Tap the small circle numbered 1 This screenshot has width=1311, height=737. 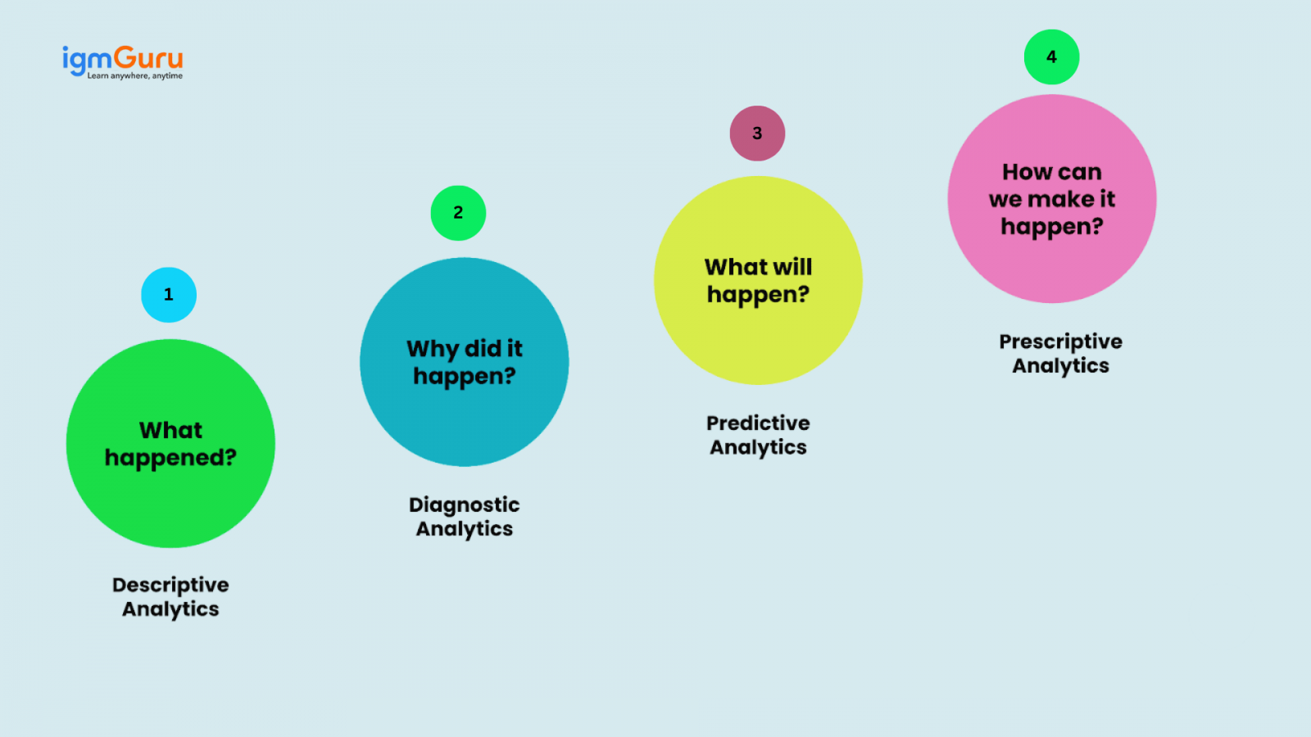[x=169, y=295]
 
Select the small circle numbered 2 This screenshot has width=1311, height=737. [x=458, y=213]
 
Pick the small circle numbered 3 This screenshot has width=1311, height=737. [x=757, y=133]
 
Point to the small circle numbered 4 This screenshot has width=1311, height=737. [x=1051, y=57]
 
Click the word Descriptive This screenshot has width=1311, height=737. [x=170, y=585]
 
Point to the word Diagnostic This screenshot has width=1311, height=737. [x=465, y=504]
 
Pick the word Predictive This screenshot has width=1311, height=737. [x=758, y=423]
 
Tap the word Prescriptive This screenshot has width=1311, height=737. [x=1060, y=341]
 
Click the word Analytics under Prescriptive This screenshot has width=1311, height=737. [x=1060, y=366]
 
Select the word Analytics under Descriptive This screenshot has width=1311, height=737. [x=170, y=609]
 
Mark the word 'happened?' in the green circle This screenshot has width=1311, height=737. [x=170, y=458]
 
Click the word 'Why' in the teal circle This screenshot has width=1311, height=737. [x=433, y=350]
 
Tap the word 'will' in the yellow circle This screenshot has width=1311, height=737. [x=792, y=267]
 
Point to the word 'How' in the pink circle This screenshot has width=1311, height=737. [x=1027, y=172]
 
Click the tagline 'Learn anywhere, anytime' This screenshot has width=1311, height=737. [x=135, y=76]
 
